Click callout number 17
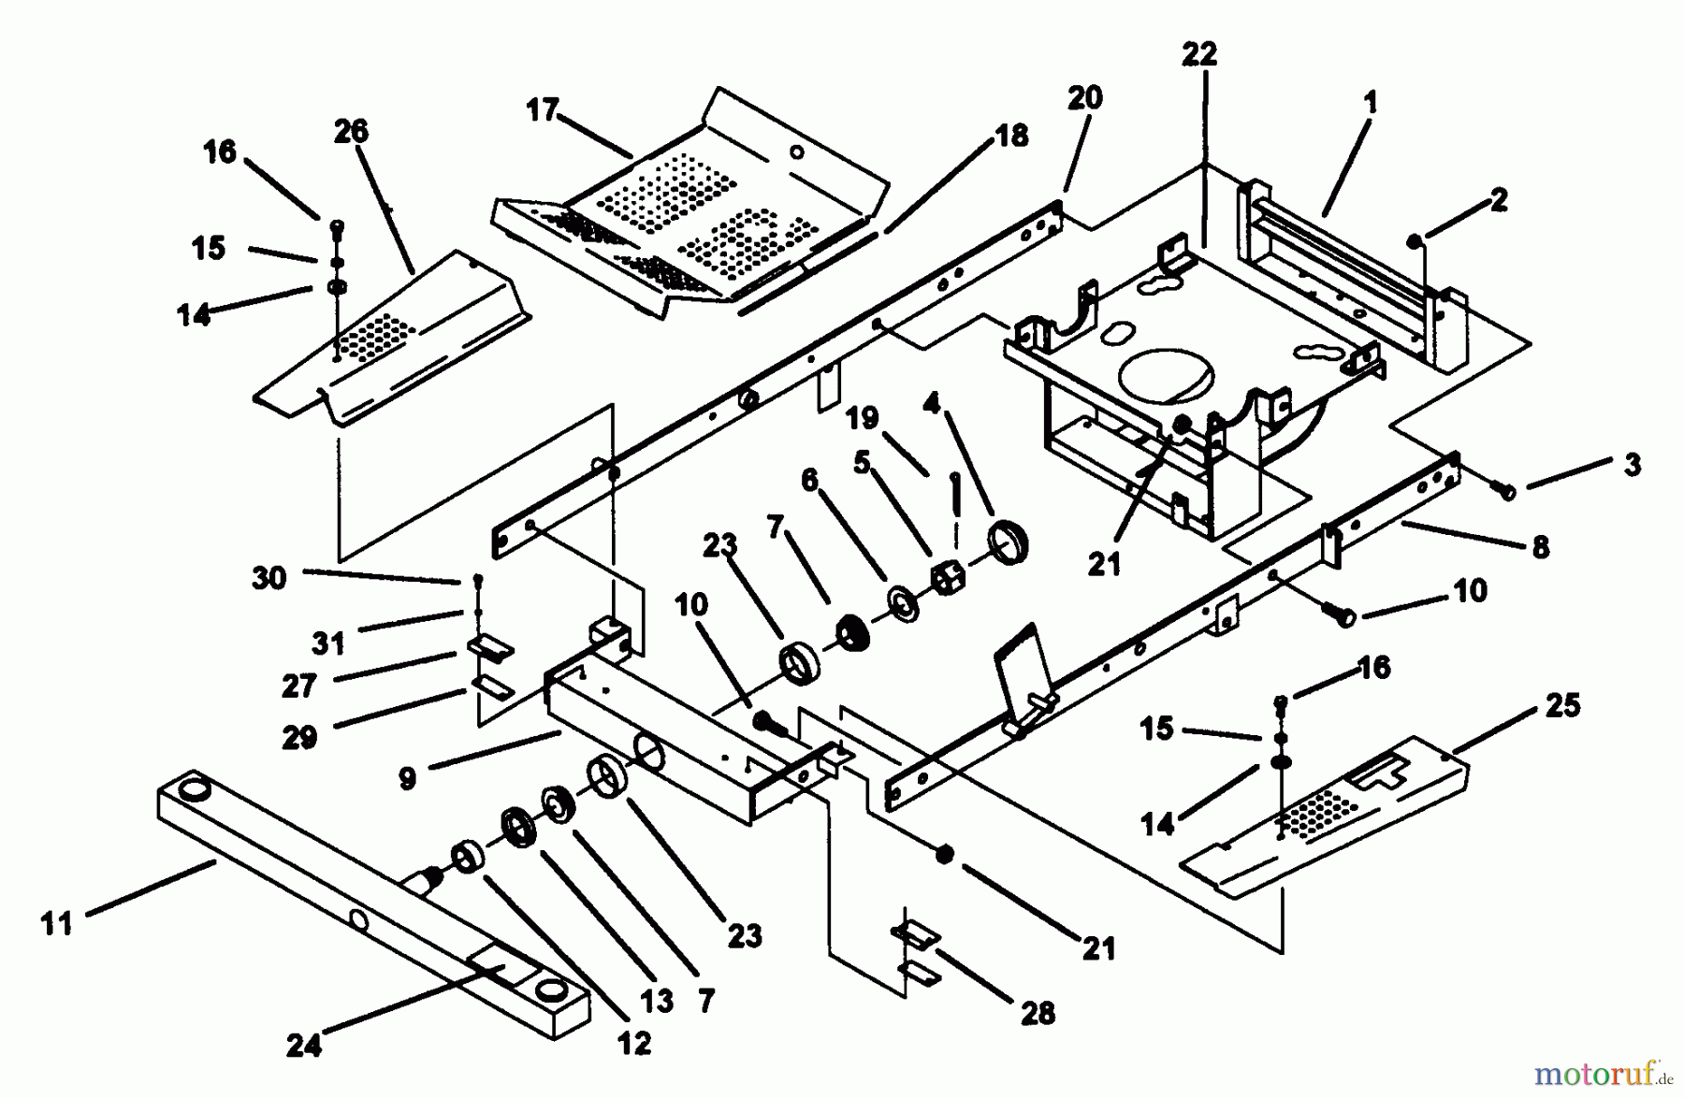coord(542,110)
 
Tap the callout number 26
coord(351,132)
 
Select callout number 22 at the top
coord(1199,55)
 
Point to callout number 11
coord(57,924)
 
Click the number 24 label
coord(304,1045)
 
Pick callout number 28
coord(1038,1012)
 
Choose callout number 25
coord(1562,704)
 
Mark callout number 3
coord(1632,465)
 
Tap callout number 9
coord(407,778)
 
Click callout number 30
coord(269,578)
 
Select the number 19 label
coord(862,417)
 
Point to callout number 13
coord(657,1001)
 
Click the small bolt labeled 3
coord(1506,490)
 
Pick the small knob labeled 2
coord(1415,243)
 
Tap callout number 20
coord(1084,98)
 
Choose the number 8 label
coord(1540,546)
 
